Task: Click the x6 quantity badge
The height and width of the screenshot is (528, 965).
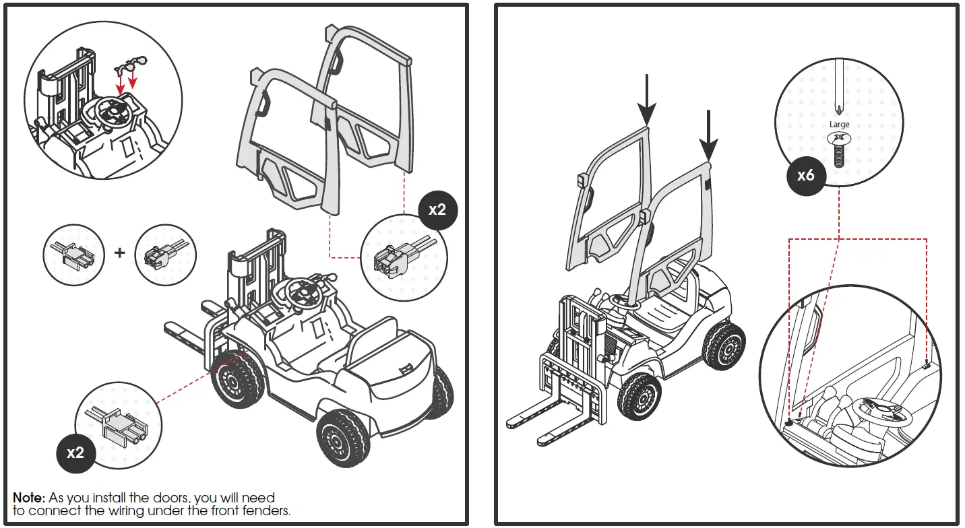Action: [805, 176]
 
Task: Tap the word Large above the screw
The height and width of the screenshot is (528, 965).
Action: [839, 125]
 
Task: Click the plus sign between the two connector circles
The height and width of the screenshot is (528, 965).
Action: [120, 253]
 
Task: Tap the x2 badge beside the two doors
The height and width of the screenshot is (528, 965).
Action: [437, 209]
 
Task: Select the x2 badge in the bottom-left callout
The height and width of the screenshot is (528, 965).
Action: [75, 453]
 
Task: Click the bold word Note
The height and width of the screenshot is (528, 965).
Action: [29, 498]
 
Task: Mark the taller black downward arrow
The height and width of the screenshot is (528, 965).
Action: [647, 101]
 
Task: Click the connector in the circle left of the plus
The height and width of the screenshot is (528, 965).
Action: [73, 255]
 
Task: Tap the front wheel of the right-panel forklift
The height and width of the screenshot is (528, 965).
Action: [638, 397]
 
